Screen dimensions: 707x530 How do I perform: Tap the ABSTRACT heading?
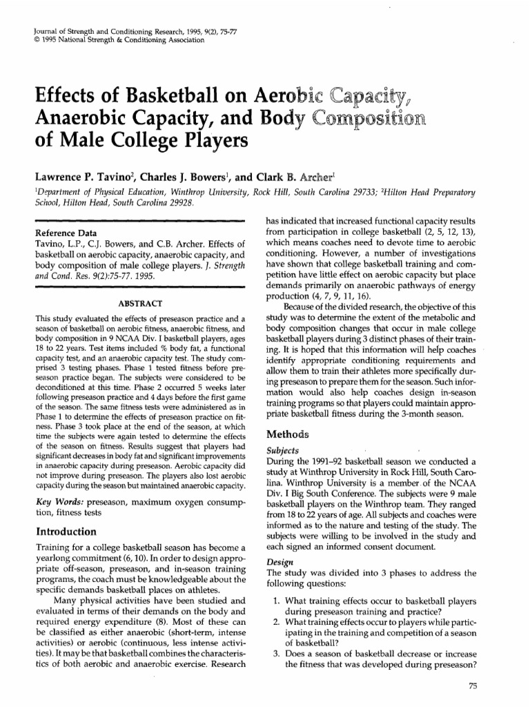coord(140,304)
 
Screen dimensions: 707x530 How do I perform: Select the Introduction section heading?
coord(66,532)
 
